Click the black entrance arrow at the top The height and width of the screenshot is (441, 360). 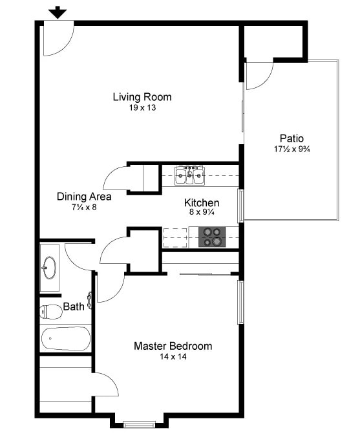(x=58, y=12)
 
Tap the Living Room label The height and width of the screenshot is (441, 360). (x=142, y=97)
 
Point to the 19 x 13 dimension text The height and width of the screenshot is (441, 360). (x=142, y=108)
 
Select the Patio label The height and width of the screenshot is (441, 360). (x=291, y=138)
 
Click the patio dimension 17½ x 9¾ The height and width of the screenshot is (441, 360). (x=291, y=149)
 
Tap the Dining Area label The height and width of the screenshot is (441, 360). (x=84, y=197)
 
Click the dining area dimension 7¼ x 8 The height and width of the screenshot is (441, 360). (x=84, y=207)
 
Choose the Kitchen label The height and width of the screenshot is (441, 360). (x=202, y=202)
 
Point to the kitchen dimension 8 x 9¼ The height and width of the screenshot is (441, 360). (x=202, y=213)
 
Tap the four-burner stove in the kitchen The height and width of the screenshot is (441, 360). (x=211, y=237)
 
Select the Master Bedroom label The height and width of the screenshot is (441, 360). (x=173, y=346)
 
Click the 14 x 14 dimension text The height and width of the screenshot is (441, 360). (x=173, y=357)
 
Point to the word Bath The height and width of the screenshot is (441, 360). (x=73, y=307)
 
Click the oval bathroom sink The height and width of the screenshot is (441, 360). (x=49, y=266)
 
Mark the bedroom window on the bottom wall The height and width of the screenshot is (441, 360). (x=139, y=424)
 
